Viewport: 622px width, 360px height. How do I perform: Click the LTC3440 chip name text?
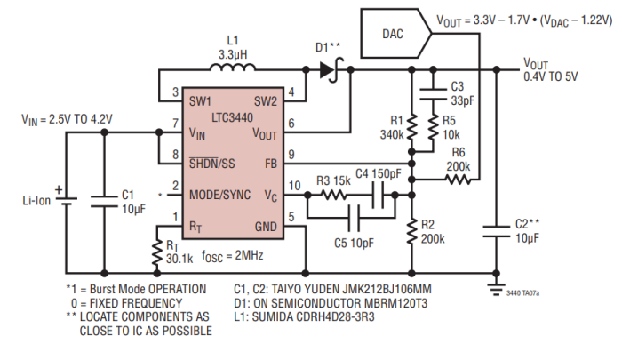tap(235, 116)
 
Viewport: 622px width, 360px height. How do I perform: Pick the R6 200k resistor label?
tap(459, 159)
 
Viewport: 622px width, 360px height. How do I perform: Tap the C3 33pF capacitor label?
tap(461, 93)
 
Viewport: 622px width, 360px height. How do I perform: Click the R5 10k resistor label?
tap(450, 128)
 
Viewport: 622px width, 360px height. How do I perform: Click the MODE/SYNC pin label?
tap(219, 193)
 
